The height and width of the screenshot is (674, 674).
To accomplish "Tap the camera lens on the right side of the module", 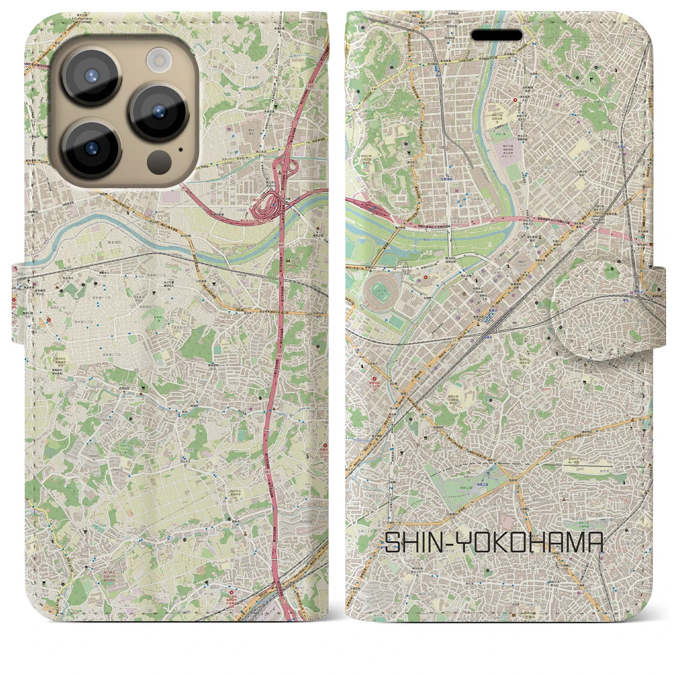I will [159, 112].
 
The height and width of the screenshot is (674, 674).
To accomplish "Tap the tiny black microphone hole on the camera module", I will [181, 149].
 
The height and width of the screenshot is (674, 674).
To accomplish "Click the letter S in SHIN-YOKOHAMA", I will [394, 542].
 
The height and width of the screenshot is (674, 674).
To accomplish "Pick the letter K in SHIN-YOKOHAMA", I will [510, 542].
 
